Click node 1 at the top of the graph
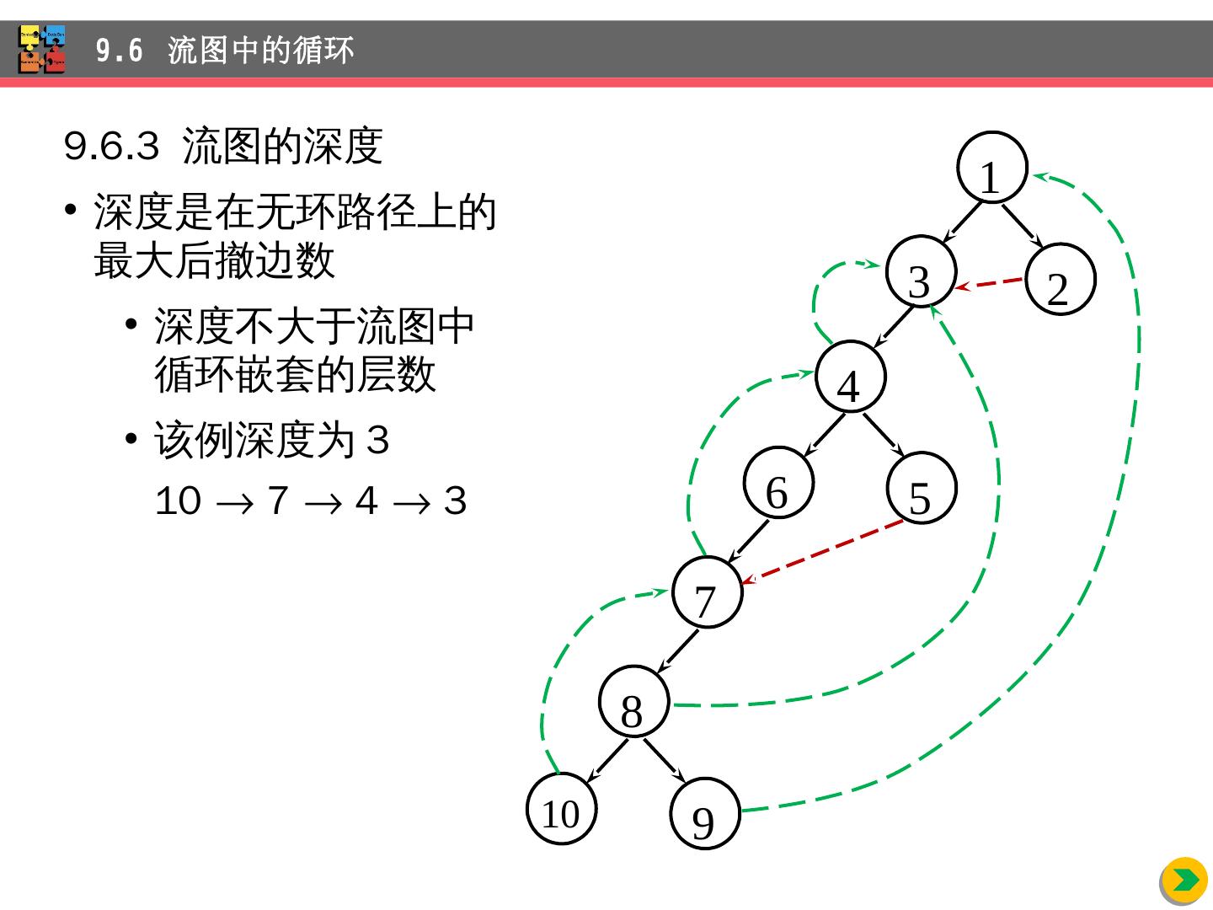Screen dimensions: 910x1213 (992, 168)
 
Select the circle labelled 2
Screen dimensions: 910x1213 (1061, 279)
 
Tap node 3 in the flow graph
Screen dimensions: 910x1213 (922, 270)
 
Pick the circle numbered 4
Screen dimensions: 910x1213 (851, 377)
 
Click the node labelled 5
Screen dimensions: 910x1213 (922, 489)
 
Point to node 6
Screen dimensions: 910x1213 (778, 483)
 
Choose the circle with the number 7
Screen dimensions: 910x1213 (708, 591)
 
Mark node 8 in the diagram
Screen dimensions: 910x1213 (634, 701)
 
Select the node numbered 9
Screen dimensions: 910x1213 (705, 813)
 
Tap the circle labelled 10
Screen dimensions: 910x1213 (562, 808)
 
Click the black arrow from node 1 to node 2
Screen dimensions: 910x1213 (1023, 227)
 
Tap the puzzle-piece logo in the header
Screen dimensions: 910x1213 (42, 49)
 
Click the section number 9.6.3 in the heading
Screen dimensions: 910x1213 (111, 147)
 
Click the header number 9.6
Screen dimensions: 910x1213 (119, 51)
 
